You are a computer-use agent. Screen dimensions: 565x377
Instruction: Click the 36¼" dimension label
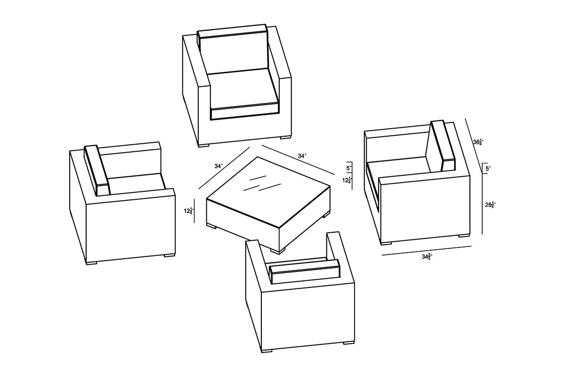[478, 142]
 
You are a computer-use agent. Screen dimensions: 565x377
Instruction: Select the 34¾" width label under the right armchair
[428, 257]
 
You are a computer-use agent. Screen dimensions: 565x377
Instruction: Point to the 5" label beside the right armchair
[488, 169]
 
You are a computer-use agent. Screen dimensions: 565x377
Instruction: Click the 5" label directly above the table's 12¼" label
[349, 168]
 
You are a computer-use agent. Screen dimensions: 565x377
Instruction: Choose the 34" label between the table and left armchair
[218, 166]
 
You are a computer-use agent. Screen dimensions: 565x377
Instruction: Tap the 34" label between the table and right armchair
[302, 156]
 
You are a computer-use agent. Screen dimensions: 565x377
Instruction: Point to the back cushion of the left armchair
[97, 170]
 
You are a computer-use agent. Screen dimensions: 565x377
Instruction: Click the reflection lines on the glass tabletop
[262, 184]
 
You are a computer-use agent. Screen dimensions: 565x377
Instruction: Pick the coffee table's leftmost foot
[211, 226]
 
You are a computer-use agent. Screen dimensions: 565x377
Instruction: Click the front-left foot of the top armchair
[204, 146]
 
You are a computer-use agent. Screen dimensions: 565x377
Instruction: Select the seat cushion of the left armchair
[137, 184]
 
